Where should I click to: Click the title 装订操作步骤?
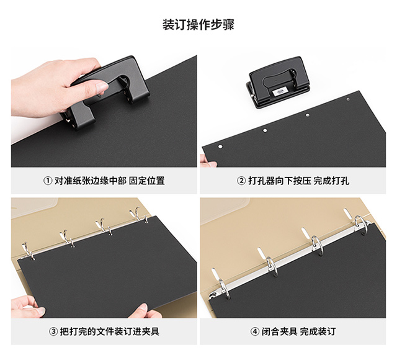[x=198, y=25]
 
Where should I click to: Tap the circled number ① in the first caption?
[x=48, y=181]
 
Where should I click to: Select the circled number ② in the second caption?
[x=241, y=181]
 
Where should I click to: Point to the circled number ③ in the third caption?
[x=53, y=331]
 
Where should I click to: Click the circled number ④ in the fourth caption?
[x=255, y=331]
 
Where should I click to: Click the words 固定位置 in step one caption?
[x=147, y=181]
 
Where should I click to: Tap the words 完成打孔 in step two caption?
[x=332, y=181]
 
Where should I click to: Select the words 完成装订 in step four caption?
[x=318, y=331]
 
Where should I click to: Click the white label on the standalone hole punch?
[x=280, y=91]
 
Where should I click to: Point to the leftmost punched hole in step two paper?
[x=220, y=146]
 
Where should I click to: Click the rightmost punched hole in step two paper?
[x=348, y=99]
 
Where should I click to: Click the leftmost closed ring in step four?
[x=225, y=289]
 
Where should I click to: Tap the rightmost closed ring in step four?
[x=361, y=225]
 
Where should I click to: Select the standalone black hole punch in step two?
[x=278, y=83]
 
